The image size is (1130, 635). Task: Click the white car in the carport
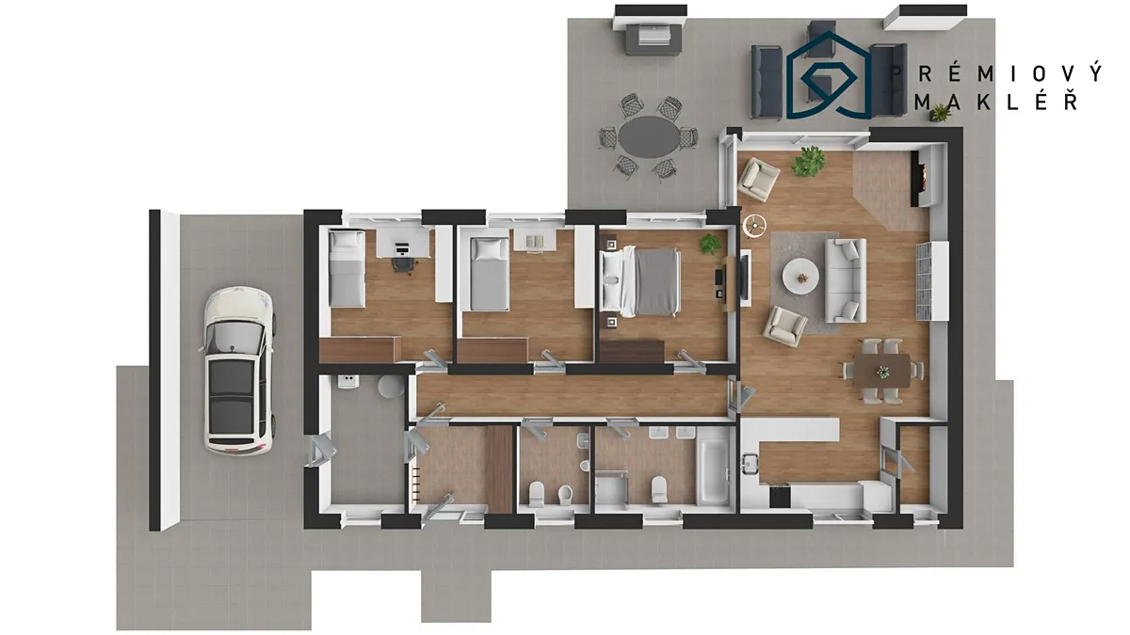(238, 371)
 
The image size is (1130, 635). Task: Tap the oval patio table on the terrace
(649, 137)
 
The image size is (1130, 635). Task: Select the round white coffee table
(800, 276)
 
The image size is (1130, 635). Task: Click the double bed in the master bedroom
(639, 281)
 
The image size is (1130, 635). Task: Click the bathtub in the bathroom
(712, 471)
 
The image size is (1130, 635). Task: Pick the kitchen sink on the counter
(751, 463)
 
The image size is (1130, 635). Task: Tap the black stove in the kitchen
(780, 495)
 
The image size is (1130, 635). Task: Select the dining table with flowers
(882, 371)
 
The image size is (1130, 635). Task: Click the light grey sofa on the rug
(846, 280)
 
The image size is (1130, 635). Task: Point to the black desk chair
(403, 264)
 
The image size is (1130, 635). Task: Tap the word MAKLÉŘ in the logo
(997, 102)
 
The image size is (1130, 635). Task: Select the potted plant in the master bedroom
(710, 244)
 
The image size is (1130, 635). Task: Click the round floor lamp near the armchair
(754, 225)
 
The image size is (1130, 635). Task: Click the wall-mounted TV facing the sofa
(745, 278)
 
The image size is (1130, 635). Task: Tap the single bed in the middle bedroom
(489, 274)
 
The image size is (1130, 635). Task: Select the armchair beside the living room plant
(758, 179)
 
